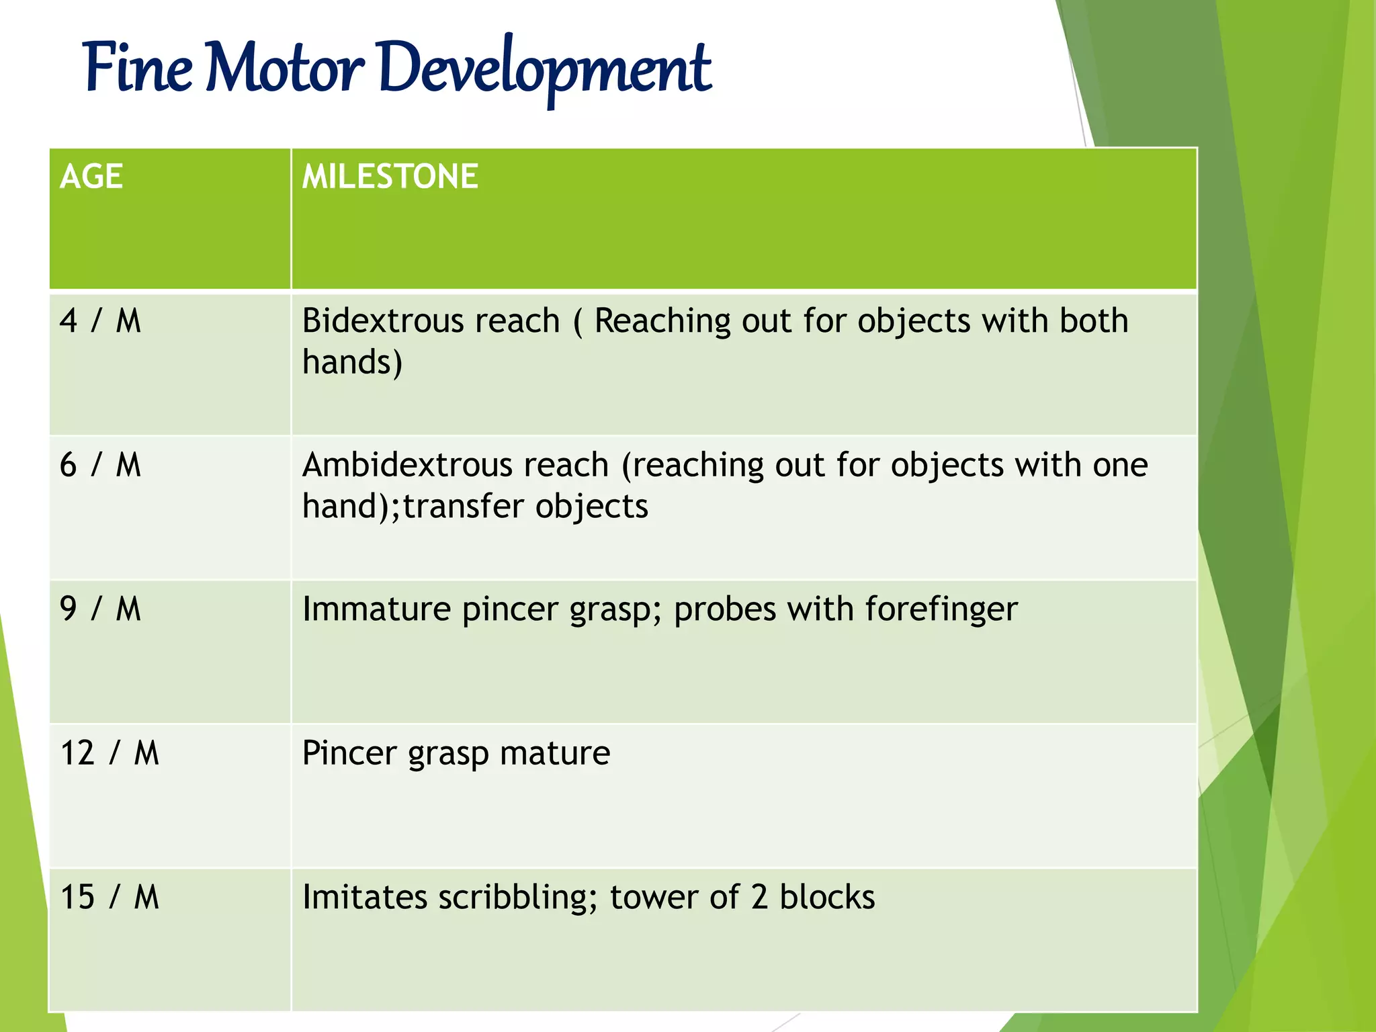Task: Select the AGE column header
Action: (x=91, y=177)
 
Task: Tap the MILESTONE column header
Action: (x=390, y=177)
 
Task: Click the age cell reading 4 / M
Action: (x=101, y=321)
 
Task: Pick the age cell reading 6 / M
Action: (x=101, y=465)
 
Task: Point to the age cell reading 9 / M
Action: (x=101, y=609)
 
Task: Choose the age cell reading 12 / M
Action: (x=110, y=753)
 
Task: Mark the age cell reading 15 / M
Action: (x=110, y=898)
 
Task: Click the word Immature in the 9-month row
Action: (x=376, y=609)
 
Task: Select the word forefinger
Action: (x=941, y=609)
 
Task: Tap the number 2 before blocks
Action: (x=759, y=898)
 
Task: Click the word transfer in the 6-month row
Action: (x=464, y=507)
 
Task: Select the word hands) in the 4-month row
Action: (x=352, y=363)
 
